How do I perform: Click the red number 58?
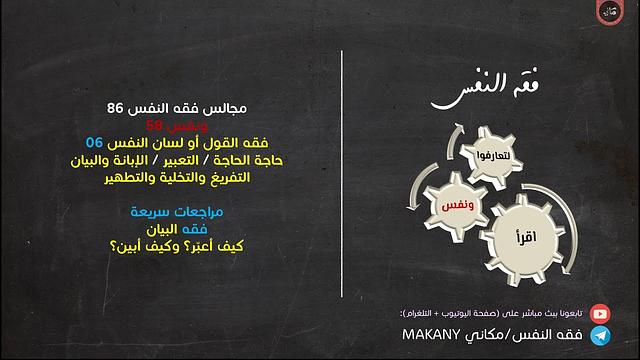[x=153, y=124]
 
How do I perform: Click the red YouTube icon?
[x=600, y=313]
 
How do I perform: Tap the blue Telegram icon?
[x=600, y=338]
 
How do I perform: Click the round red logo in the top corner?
[x=608, y=14]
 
